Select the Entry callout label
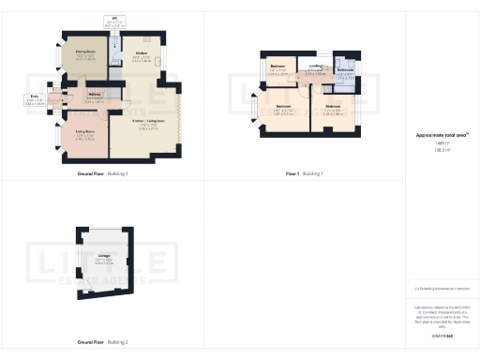(36, 97)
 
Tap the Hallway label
(96, 94)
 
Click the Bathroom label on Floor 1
(345, 69)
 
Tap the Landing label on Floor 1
(316, 66)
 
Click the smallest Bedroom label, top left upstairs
(278, 67)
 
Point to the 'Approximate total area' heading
(441, 135)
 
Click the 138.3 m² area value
(441, 149)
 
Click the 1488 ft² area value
(441, 143)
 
